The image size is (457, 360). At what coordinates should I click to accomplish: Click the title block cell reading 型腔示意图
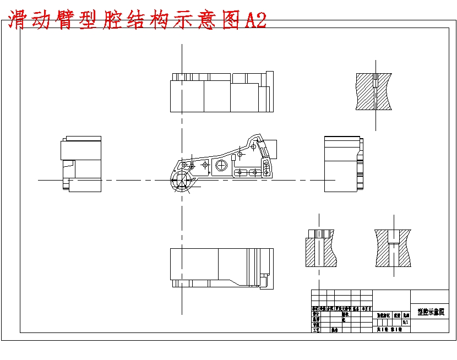tap(429, 312)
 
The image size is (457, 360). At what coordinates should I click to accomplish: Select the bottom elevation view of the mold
tap(221, 268)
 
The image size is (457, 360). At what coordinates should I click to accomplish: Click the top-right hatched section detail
tap(374, 90)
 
